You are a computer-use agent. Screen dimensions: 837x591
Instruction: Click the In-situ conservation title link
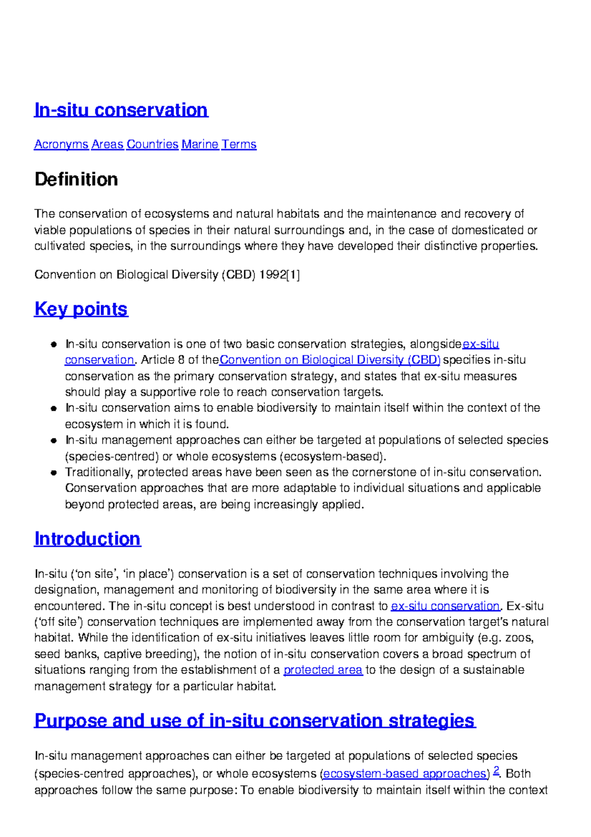tap(121, 110)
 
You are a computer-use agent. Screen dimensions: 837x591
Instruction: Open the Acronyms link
tap(61, 144)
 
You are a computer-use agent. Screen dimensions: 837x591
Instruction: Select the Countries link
tap(152, 144)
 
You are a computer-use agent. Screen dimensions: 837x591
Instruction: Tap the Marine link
tap(200, 144)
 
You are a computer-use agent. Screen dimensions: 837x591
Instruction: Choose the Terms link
tap(239, 144)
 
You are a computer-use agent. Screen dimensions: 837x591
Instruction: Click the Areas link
tap(107, 144)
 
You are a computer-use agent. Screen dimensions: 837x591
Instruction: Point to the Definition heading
tap(76, 179)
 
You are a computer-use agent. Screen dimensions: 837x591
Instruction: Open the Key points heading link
tap(81, 309)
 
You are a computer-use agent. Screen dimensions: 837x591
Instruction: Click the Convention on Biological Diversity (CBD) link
tap(330, 360)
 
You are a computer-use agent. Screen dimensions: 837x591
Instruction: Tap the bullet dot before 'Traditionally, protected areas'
tap(54, 473)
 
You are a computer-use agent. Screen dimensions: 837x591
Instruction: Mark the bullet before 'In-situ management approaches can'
tap(54, 441)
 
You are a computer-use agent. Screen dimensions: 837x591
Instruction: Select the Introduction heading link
tap(88, 539)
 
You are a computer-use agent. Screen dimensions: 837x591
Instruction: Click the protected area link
tap(323, 670)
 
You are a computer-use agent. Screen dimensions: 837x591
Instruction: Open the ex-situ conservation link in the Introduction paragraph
tap(445, 606)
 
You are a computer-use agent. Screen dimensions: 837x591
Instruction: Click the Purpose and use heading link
tap(255, 721)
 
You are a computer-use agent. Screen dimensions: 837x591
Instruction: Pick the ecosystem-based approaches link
tap(406, 774)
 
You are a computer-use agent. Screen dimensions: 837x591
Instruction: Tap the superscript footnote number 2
tap(496, 770)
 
